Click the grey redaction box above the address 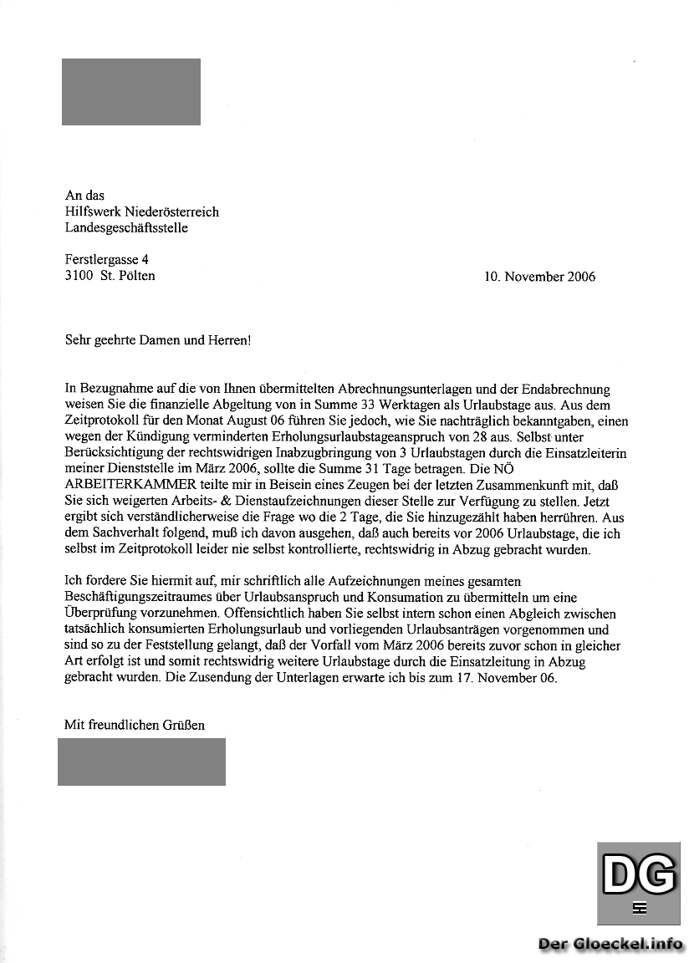[x=131, y=92]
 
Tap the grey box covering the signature [x=141, y=762]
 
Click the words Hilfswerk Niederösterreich [x=142, y=211]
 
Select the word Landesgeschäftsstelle [x=126, y=227]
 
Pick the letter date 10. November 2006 [x=539, y=277]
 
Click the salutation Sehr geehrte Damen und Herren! [x=158, y=340]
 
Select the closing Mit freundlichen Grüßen [x=135, y=725]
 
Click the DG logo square [x=639, y=883]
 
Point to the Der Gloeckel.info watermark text [x=610, y=944]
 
